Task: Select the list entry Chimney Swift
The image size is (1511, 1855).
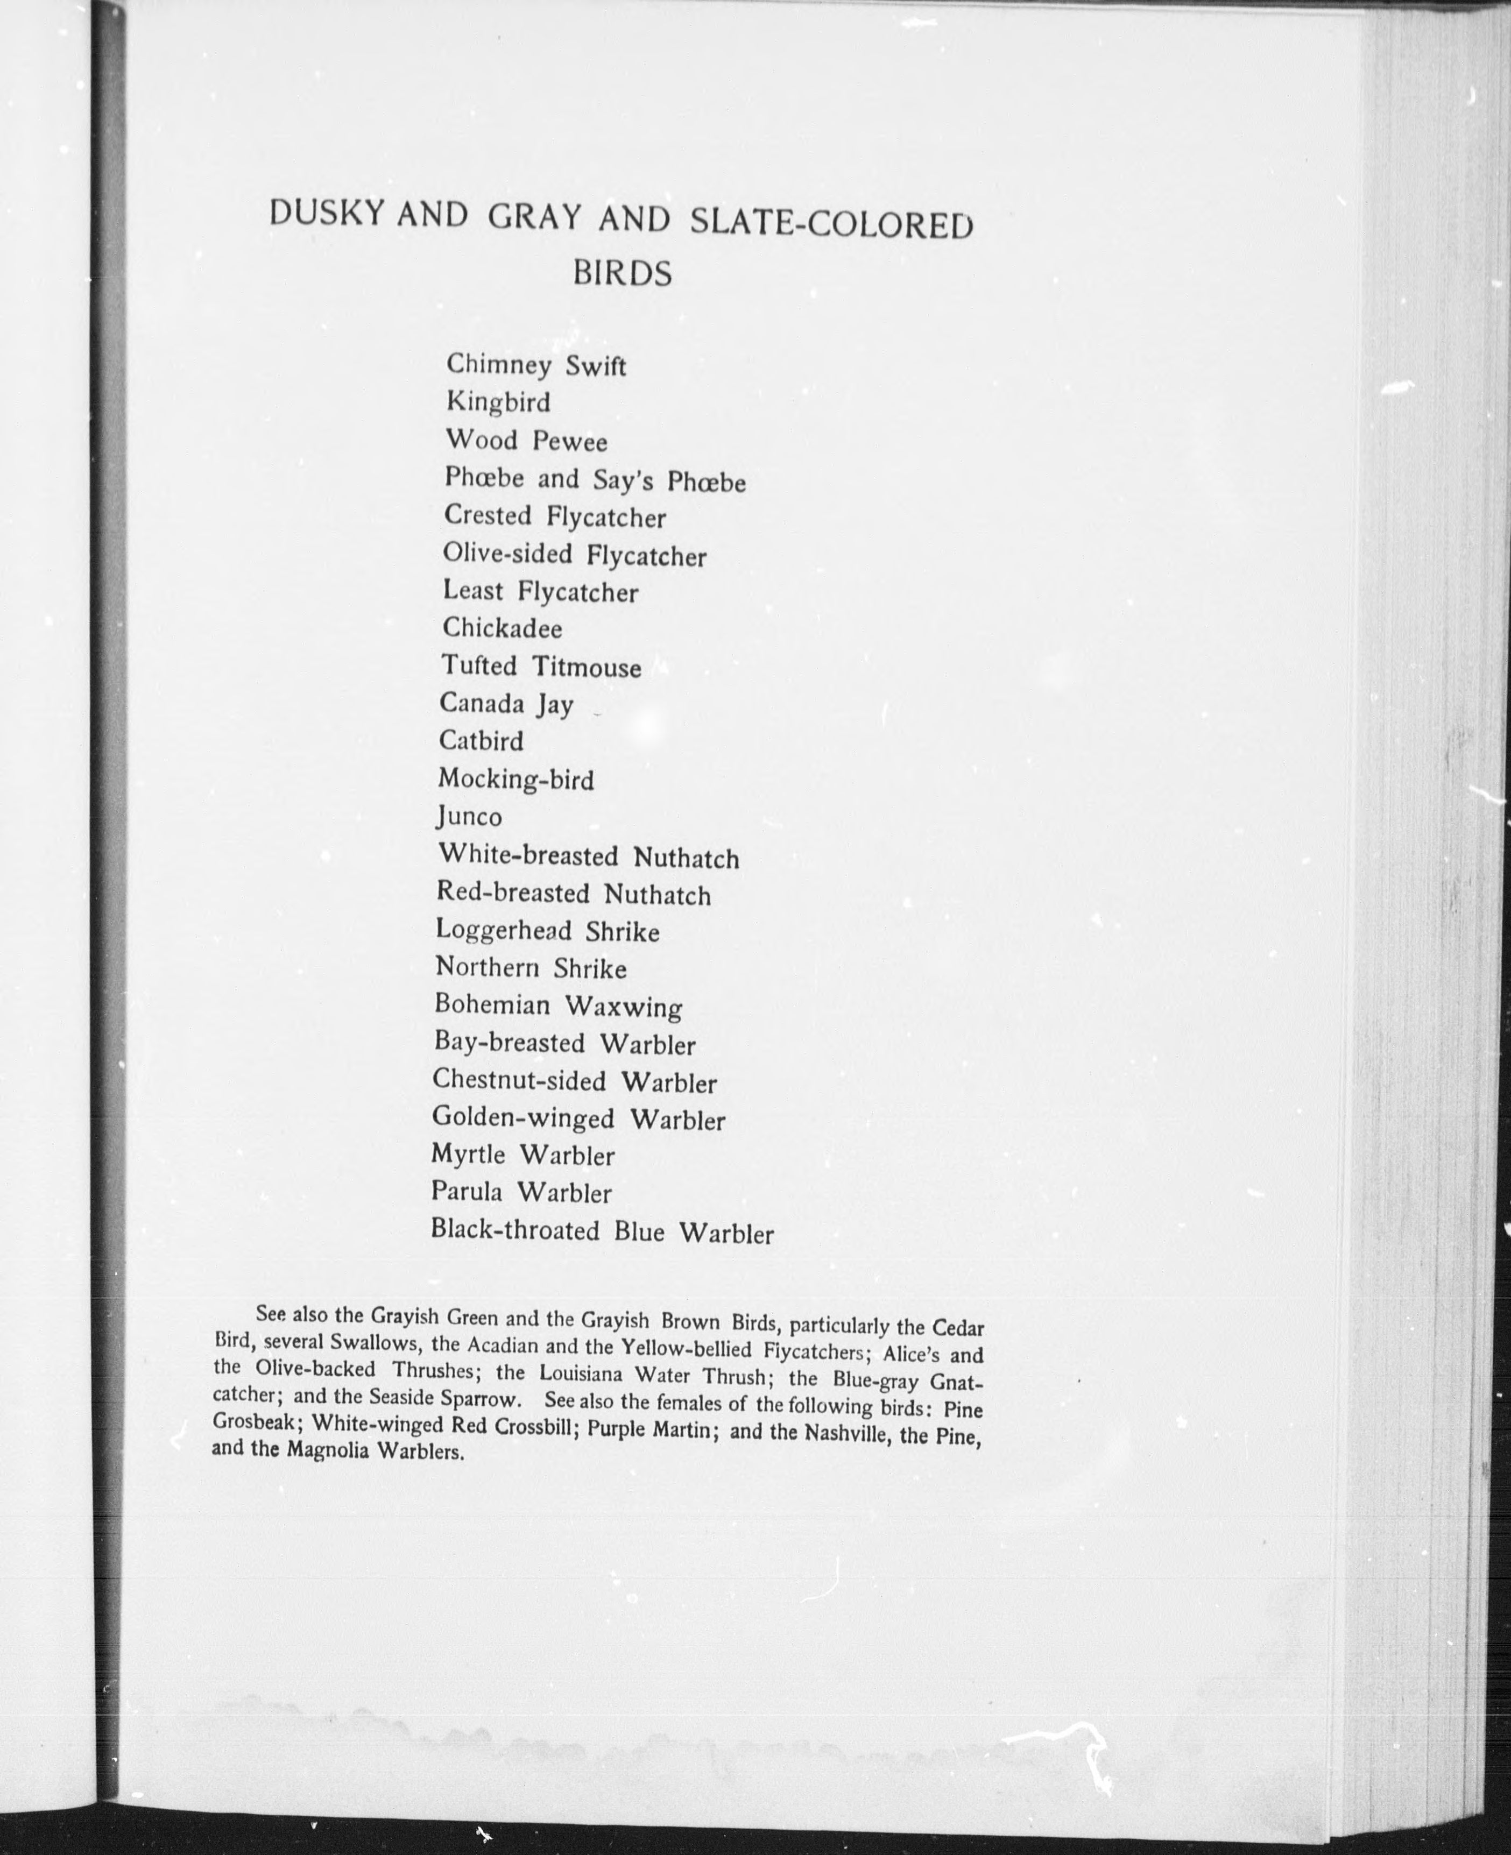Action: pyautogui.click(x=535, y=365)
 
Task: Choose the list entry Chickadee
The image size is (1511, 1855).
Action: pyautogui.click(x=502, y=628)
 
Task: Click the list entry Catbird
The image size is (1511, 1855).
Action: pyautogui.click(x=481, y=741)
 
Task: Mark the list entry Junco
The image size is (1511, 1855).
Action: pyautogui.click(x=469, y=817)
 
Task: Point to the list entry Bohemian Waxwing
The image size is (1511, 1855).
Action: pyautogui.click(x=558, y=1007)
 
